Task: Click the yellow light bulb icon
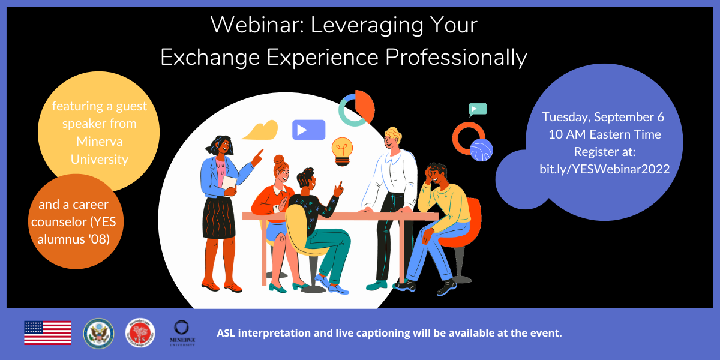pos(342,150)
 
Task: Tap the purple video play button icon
pos(308,130)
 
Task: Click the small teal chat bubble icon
pos(478,109)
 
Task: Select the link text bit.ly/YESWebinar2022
pos(604,169)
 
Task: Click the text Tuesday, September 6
pos(603,117)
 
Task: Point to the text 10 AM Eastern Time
pos(604,134)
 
